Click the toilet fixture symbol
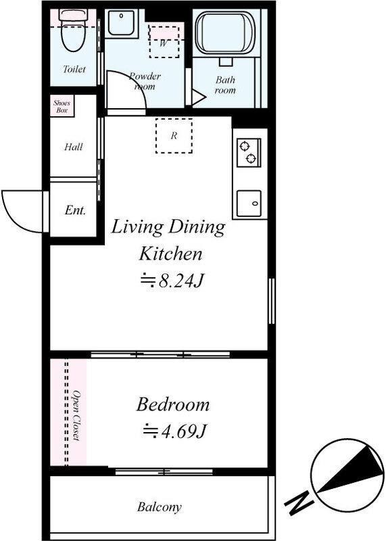point(74,30)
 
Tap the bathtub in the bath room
point(225,33)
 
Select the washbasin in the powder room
point(121,23)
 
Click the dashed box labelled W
point(164,41)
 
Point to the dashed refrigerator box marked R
point(174,136)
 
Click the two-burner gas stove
point(249,153)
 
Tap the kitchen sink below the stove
point(249,204)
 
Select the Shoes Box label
point(62,106)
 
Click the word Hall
point(74,147)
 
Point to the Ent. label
point(75,210)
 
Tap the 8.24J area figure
point(172,281)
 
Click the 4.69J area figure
point(175,431)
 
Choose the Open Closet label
point(76,415)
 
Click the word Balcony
point(159,507)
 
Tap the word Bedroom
point(173,404)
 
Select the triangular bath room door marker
point(198,97)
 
